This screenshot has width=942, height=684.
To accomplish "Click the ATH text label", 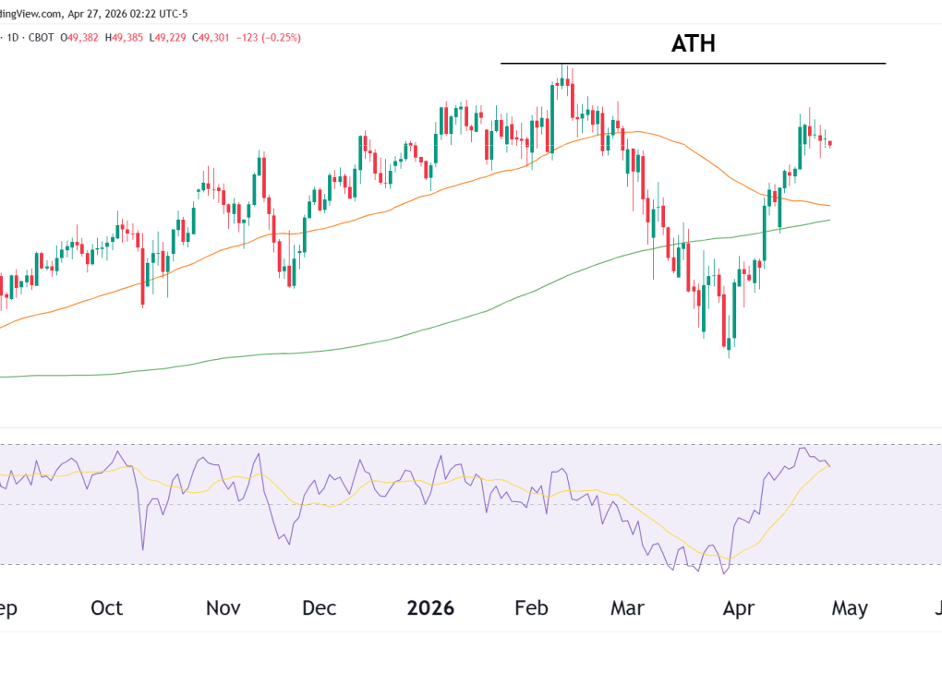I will pyautogui.click(x=693, y=43).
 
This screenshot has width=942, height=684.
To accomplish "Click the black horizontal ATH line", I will pyautogui.click(x=693, y=63).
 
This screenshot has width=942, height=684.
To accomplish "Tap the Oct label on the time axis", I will pyautogui.click(x=107, y=608).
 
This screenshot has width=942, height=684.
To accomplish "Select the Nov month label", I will pyautogui.click(x=223, y=608).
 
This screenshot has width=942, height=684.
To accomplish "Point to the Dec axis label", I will pyautogui.click(x=320, y=608).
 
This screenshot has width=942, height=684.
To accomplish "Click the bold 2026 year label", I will pyautogui.click(x=430, y=608).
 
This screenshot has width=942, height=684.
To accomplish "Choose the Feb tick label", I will pyautogui.click(x=531, y=608).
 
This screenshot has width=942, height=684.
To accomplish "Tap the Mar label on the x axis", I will pyautogui.click(x=628, y=608).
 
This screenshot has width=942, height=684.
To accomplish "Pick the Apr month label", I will pyautogui.click(x=739, y=608).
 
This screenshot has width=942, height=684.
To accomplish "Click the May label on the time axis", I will pyautogui.click(x=850, y=608).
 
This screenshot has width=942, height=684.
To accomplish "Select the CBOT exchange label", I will pyautogui.click(x=40, y=38).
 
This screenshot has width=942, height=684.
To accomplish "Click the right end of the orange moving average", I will pyautogui.click(x=829, y=205).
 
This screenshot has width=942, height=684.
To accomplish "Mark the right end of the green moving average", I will pyautogui.click(x=829, y=220).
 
